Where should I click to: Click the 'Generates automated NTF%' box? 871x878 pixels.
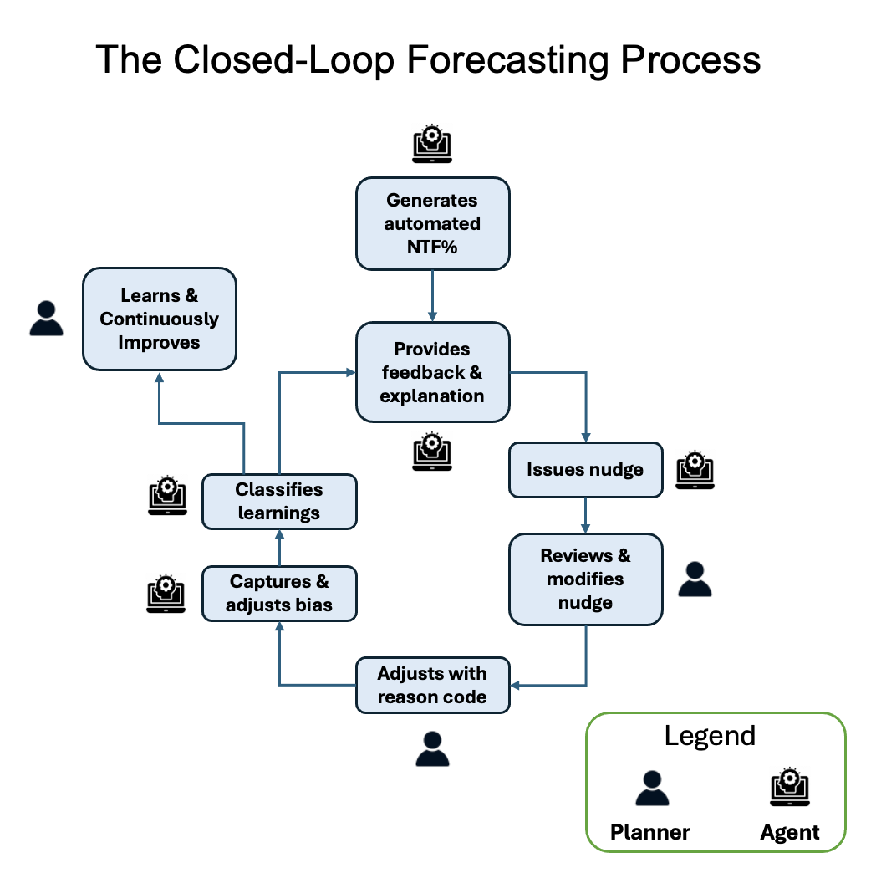432,223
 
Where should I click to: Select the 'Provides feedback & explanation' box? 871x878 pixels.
432,372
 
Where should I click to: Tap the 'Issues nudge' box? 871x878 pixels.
585,469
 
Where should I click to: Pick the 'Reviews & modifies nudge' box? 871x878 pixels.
585,579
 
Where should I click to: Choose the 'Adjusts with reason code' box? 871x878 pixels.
432,685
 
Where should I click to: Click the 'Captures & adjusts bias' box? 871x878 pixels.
279,593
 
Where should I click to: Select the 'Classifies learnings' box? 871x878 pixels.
279,501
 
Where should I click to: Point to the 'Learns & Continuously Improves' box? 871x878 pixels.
159,319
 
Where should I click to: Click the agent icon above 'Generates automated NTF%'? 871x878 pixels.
432,143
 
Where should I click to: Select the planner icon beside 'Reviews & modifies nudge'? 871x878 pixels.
695,579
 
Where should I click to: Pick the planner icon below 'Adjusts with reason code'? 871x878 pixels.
432,748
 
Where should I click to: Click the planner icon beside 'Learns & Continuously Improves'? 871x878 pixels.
46,319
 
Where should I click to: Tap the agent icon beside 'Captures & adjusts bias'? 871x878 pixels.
166,593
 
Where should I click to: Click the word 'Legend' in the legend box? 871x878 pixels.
710,736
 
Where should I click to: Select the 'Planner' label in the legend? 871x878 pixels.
649,832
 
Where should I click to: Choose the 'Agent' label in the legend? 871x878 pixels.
790,832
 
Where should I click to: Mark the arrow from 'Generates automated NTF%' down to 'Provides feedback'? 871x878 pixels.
432,296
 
